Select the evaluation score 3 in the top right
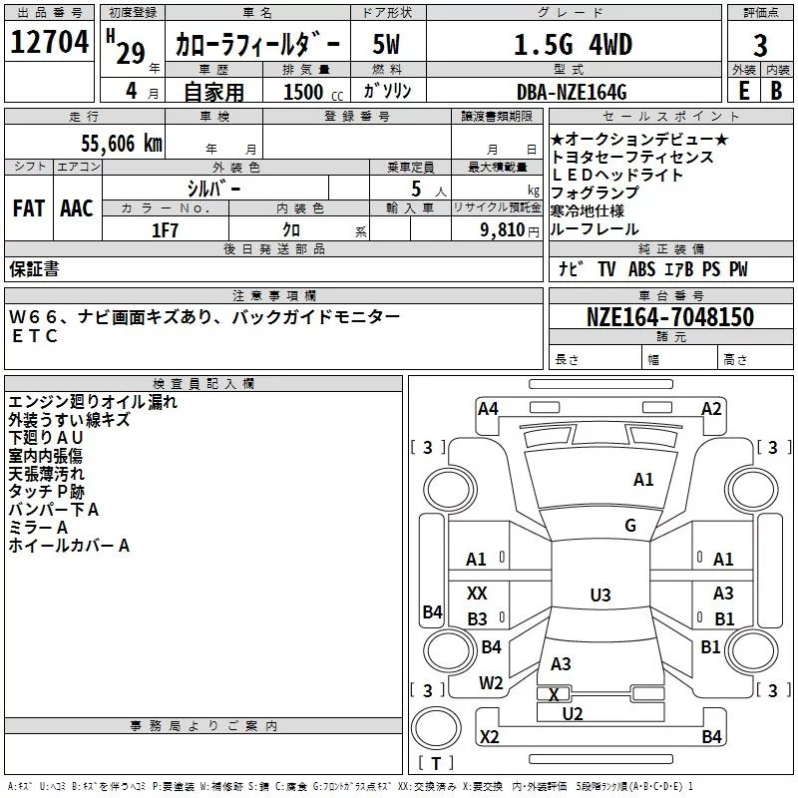(x=760, y=45)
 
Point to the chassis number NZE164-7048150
(x=669, y=317)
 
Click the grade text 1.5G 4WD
(x=572, y=45)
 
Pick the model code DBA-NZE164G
(x=572, y=93)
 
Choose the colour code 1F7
(x=165, y=229)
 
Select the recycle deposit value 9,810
(x=502, y=229)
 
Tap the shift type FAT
(x=29, y=208)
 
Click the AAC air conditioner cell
(x=77, y=208)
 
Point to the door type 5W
(x=386, y=45)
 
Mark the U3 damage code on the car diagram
(x=599, y=596)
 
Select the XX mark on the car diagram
(x=477, y=594)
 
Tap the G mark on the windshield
(x=629, y=526)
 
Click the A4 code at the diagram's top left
(x=488, y=408)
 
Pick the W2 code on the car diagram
(x=491, y=683)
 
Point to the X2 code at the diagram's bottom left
(x=489, y=736)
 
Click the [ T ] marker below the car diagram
(x=436, y=763)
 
